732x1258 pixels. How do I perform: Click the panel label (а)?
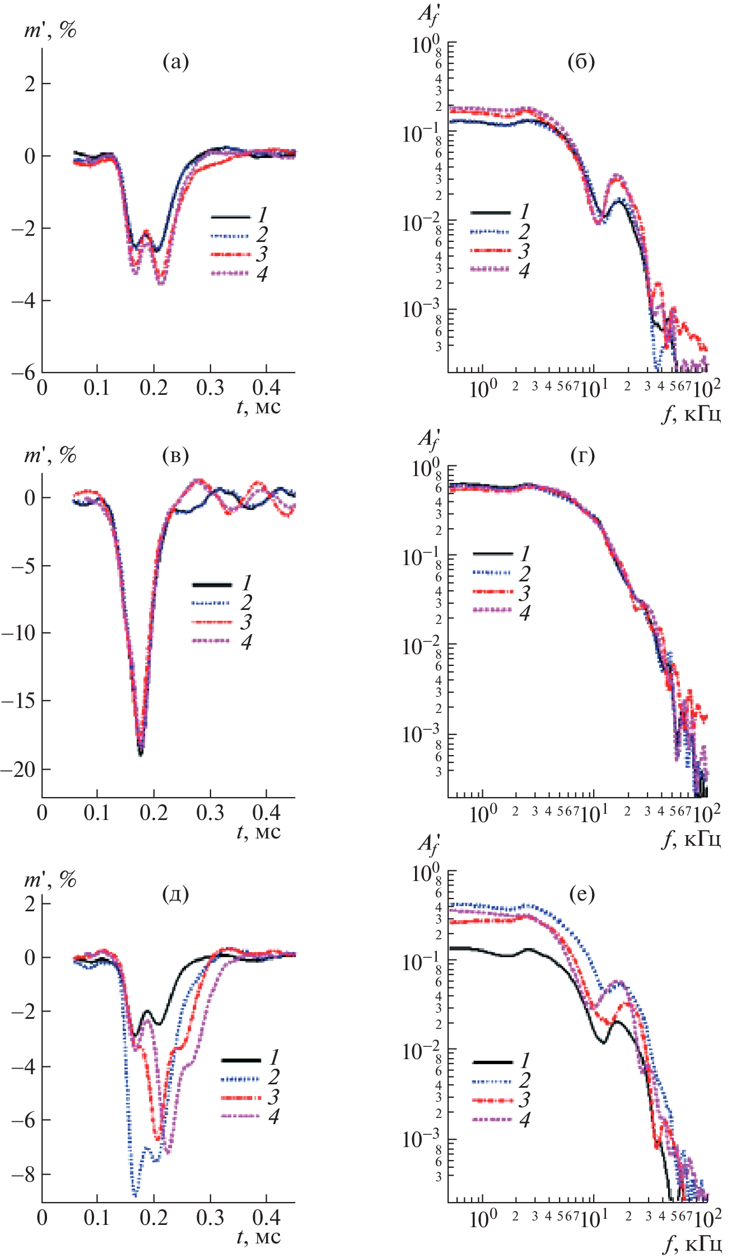click(175, 62)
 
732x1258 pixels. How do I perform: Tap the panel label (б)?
click(581, 62)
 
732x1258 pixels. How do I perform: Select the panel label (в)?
click(175, 455)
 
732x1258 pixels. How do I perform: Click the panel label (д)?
click(175, 894)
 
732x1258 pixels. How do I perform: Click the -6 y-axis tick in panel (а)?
click(22, 372)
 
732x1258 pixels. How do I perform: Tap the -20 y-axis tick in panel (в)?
click(18, 770)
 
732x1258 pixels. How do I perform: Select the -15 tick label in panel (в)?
click(18, 701)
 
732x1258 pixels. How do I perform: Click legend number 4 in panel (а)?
click(262, 274)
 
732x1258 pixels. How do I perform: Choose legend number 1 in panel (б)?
click(524, 212)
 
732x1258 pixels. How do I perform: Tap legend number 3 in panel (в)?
click(246, 622)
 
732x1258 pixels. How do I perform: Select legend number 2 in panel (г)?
click(524, 574)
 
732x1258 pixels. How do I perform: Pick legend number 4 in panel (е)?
click(524, 1120)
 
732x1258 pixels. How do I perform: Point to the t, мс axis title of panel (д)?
click(258, 1236)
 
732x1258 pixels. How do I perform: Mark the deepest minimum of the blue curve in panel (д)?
click(134, 1195)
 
